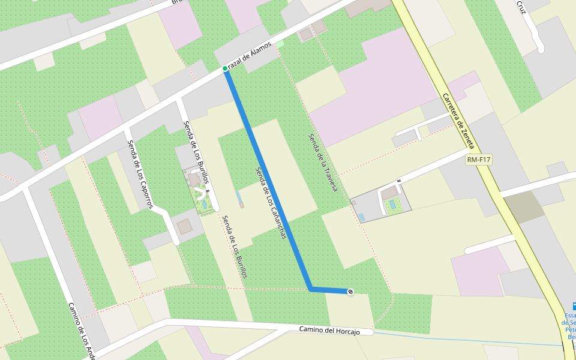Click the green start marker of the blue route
(225, 68)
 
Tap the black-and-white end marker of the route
(350, 292)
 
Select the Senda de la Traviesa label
(323, 163)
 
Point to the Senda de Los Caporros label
(139, 175)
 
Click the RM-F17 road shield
(478, 160)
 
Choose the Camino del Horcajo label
(329, 331)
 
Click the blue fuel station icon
(568, 306)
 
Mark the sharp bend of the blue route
(310, 290)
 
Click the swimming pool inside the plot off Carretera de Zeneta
(392, 205)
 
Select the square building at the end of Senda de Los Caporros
(184, 227)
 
